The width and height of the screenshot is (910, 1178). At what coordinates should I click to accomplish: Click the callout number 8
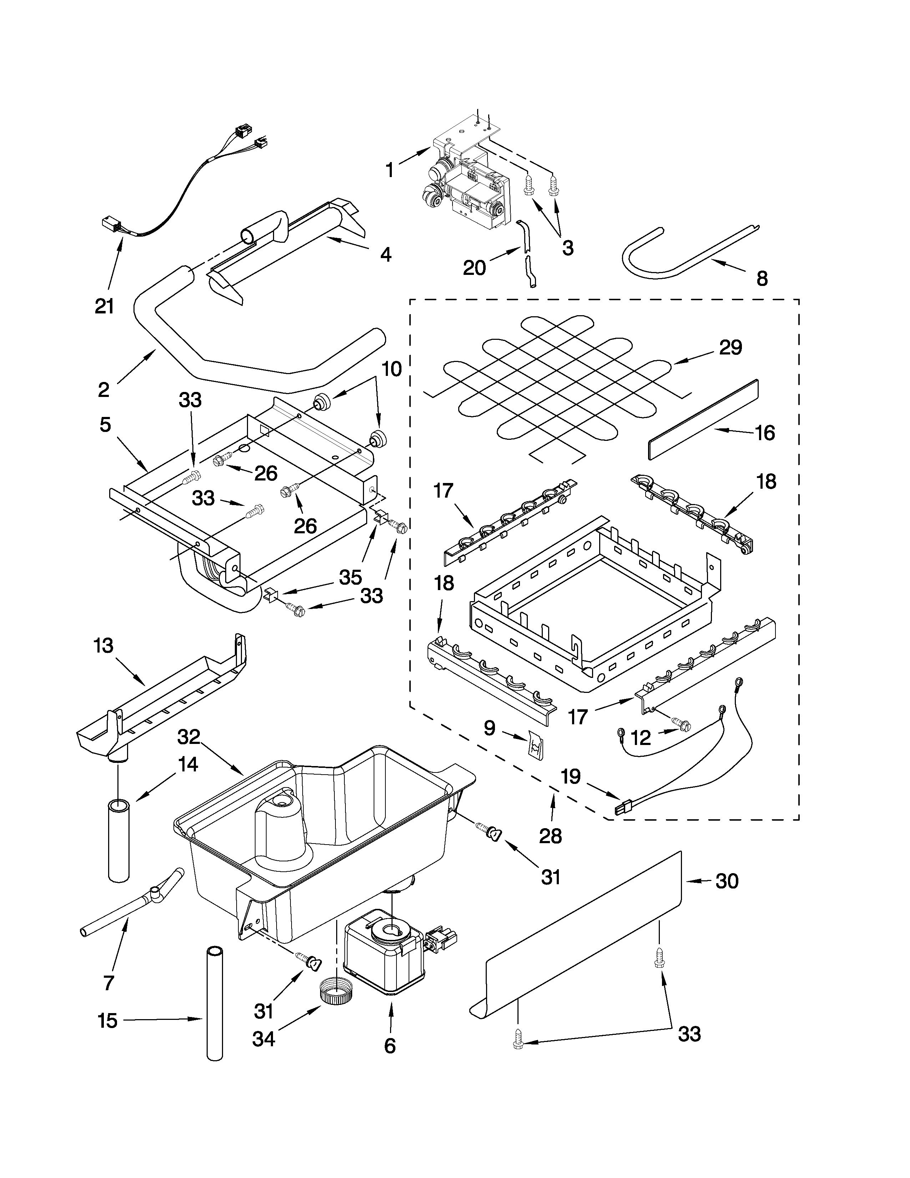(762, 279)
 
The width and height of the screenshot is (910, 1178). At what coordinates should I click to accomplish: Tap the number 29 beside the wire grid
(730, 347)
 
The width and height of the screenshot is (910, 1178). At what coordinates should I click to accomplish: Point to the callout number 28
(550, 836)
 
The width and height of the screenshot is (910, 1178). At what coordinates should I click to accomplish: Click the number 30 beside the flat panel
(726, 881)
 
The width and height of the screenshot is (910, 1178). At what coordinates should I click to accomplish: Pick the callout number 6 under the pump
(390, 1046)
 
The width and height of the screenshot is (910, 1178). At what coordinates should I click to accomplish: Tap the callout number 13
(103, 646)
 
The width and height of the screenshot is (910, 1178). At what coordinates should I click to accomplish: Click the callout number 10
(391, 369)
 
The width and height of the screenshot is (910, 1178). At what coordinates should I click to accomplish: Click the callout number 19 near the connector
(570, 777)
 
